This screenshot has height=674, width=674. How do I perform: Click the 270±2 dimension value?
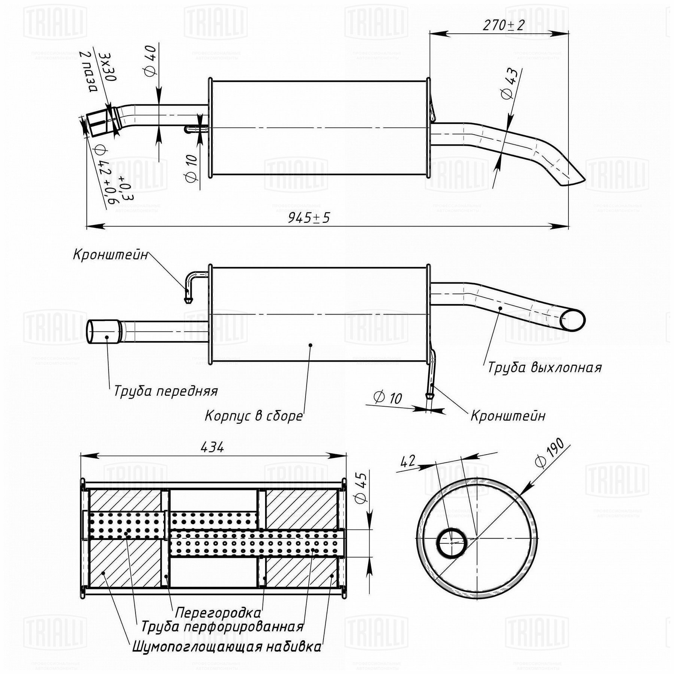[503, 25]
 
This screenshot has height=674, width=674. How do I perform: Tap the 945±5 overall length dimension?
[309, 218]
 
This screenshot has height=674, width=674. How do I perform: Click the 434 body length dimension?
[212, 447]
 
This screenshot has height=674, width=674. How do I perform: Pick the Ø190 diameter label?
[550, 452]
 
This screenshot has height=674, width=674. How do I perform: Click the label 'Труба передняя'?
[166, 391]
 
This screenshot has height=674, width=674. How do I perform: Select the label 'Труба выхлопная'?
[544, 368]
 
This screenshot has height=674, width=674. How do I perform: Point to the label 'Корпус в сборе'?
[253, 416]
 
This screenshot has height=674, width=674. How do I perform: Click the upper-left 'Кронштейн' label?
[110, 255]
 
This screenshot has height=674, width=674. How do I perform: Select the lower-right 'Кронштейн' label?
[508, 416]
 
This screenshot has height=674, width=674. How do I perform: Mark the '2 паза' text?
[88, 72]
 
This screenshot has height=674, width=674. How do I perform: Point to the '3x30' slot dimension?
[107, 67]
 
